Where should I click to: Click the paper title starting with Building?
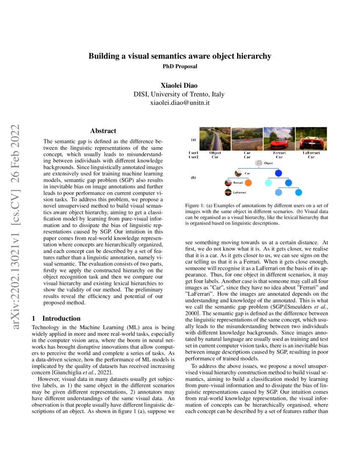coord(180,56)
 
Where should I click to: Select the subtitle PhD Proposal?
coord(180,66)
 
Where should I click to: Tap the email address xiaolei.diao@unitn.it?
coord(180,103)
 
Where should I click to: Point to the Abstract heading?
coord(103,131)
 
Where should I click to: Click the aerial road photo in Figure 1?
coord(215,139)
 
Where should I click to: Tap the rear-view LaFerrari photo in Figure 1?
coord(311,139)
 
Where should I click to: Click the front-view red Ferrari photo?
coord(279,139)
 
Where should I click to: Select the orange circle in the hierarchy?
coord(248,183)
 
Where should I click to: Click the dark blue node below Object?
coord(278,173)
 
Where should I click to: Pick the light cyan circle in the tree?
coord(268,183)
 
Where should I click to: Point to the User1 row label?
coord(194,153)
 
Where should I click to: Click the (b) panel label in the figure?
coord(193,178)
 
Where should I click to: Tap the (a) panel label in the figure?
coord(193,139)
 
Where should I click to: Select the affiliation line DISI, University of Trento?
coord(180,94)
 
